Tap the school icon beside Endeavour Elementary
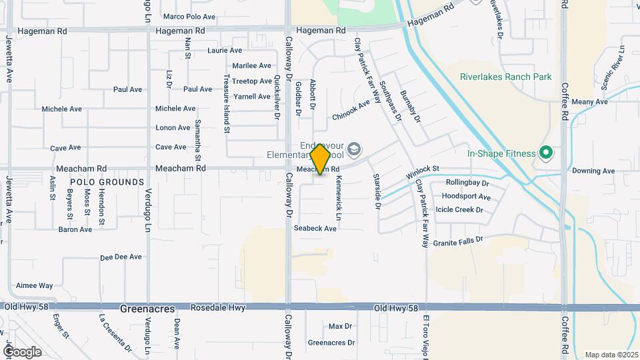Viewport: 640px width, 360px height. click(354, 148)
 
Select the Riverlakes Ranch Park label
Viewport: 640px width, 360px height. click(505, 77)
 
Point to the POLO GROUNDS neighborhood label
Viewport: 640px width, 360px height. click(107, 182)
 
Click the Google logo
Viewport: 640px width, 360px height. click(21, 351)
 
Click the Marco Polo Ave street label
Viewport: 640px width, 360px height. click(189, 17)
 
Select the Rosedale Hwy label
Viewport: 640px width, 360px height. click(218, 308)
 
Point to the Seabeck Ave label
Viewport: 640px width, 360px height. click(315, 229)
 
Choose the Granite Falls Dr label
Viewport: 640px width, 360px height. click(457, 241)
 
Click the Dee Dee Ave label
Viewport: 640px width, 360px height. click(121, 257)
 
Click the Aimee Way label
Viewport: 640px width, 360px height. click(34, 285)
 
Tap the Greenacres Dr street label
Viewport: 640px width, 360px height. click(332, 343)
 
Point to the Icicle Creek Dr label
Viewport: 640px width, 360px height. click(459, 209)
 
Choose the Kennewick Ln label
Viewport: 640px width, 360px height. click(339, 199)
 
